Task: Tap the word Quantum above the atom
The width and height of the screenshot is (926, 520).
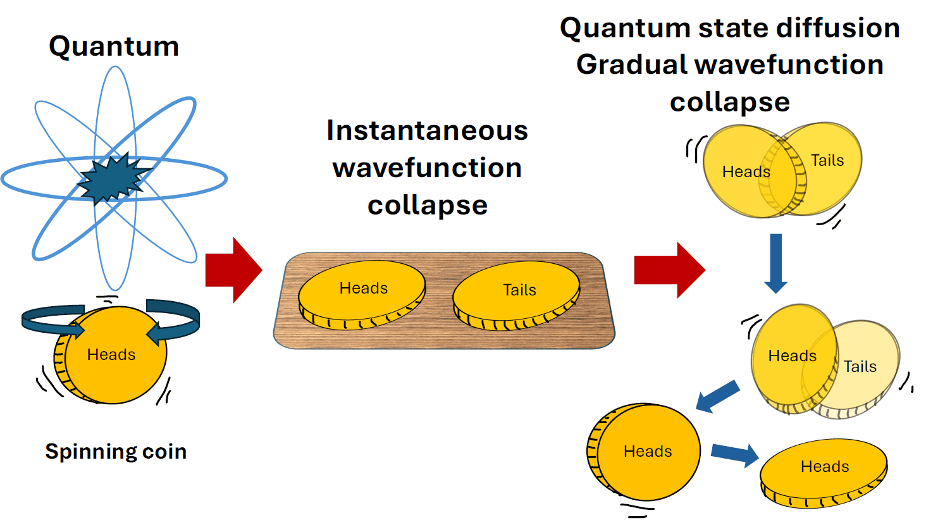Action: pos(114,47)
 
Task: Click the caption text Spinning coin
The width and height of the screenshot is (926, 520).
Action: pos(116,452)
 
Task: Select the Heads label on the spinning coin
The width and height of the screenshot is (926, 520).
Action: pos(111,355)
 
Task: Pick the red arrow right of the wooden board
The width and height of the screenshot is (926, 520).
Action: pos(669,269)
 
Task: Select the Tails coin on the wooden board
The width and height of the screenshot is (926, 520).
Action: pos(516,295)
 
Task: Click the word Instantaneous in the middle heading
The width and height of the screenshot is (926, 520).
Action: pos(427,131)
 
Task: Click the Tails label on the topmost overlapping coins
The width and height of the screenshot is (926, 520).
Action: pos(827,161)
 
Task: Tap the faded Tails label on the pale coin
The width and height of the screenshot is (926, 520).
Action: pos(860,367)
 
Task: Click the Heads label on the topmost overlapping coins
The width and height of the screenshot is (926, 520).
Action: pos(746,172)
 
